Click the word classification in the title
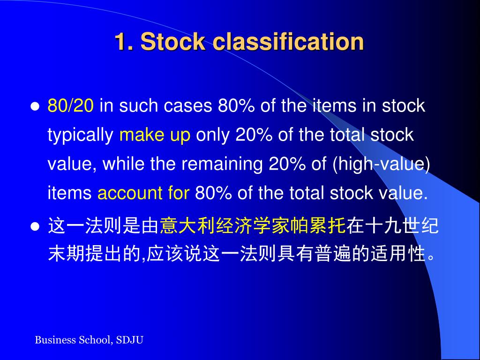[x=288, y=42]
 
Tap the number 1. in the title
[x=124, y=42]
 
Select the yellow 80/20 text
[x=71, y=106]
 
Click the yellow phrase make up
[x=155, y=135]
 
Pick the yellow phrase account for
[x=143, y=193]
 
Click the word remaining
[x=223, y=165]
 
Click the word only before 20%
[x=213, y=135]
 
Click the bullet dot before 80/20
[x=34, y=106]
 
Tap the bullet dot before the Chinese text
[x=34, y=227]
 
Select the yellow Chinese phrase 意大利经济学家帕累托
[x=253, y=226]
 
